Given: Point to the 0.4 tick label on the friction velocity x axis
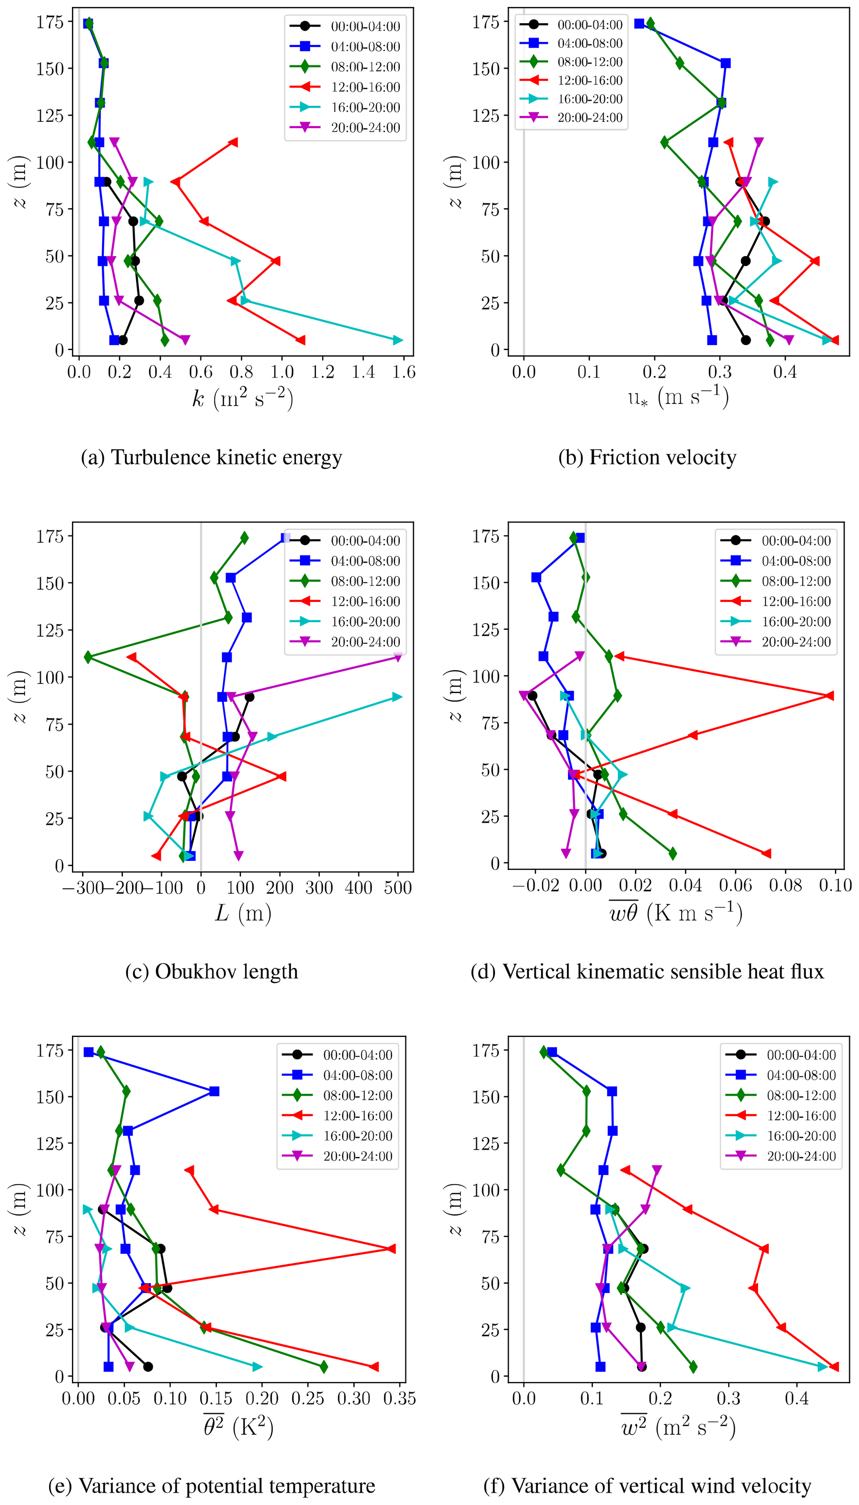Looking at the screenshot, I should tap(785, 372).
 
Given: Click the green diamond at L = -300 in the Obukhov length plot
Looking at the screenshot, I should tap(89, 657).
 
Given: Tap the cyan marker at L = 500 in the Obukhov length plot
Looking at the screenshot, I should tap(397, 697).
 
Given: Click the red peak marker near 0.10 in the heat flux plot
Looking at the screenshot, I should tap(830, 696).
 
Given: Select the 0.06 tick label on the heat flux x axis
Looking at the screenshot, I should tap(735, 885).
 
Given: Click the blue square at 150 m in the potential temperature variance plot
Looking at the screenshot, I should tap(214, 1091).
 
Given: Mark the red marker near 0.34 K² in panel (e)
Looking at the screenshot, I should tap(391, 1249).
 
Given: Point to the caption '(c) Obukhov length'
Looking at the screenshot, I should tap(212, 971).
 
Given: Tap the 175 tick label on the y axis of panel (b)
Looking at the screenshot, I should tap(486, 22).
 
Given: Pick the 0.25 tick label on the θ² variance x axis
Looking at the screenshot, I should tap(308, 1398).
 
